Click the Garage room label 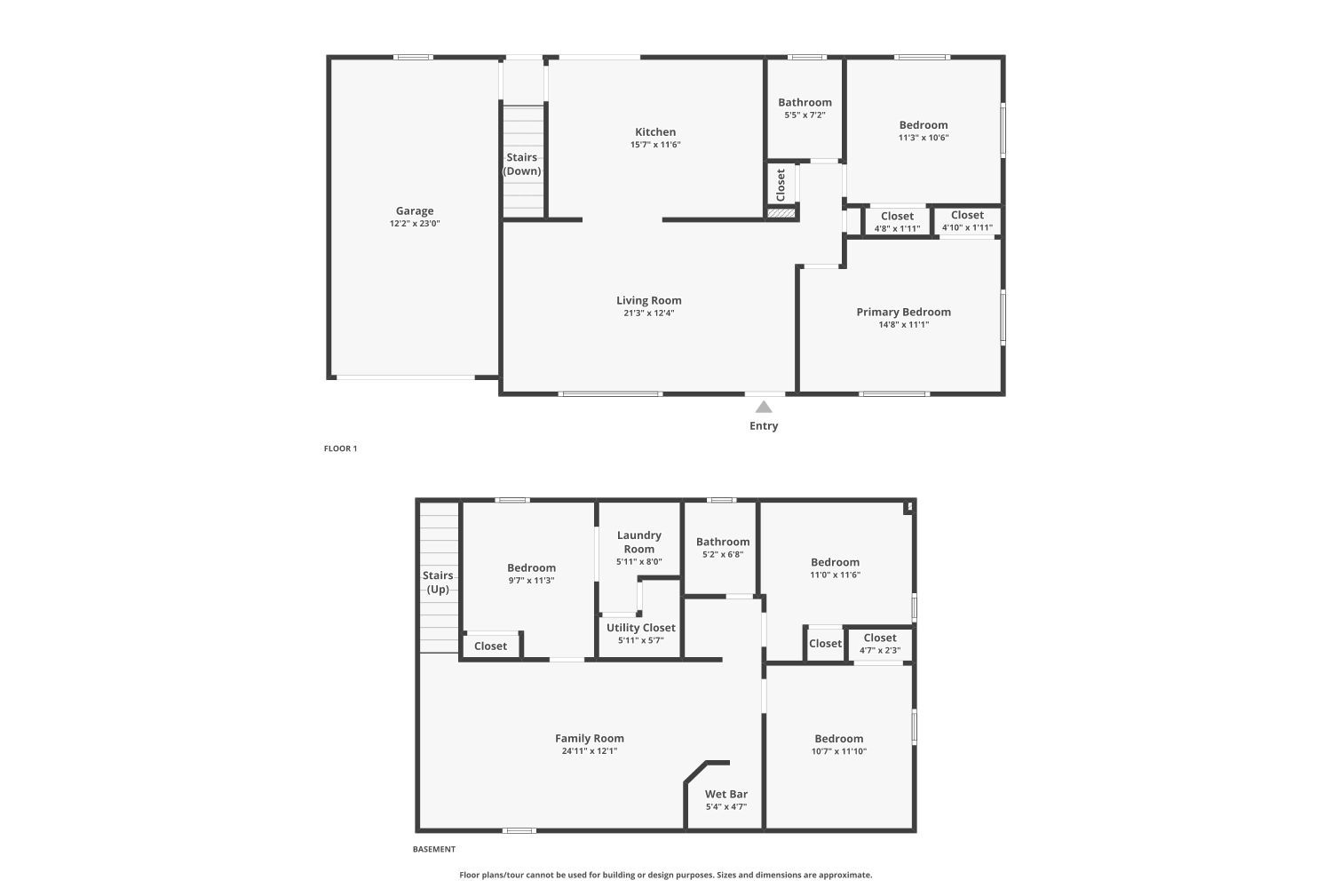(x=415, y=210)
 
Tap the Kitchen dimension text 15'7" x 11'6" (x=655, y=145)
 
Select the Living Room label (x=649, y=300)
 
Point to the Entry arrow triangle (x=764, y=407)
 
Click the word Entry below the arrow (x=764, y=426)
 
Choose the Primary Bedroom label (x=903, y=313)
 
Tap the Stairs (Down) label (x=522, y=164)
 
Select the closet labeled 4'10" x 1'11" (x=967, y=220)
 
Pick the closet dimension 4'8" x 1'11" (x=897, y=228)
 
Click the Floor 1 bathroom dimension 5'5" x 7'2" (x=805, y=115)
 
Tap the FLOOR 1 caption (x=340, y=448)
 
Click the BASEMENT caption (x=434, y=849)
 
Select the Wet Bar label (x=726, y=794)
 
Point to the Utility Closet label (x=640, y=628)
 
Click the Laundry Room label (x=639, y=542)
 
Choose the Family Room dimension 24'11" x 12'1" (x=590, y=750)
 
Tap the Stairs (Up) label (x=439, y=583)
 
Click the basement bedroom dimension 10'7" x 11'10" (x=839, y=751)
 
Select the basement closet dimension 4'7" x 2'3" (x=880, y=651)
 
